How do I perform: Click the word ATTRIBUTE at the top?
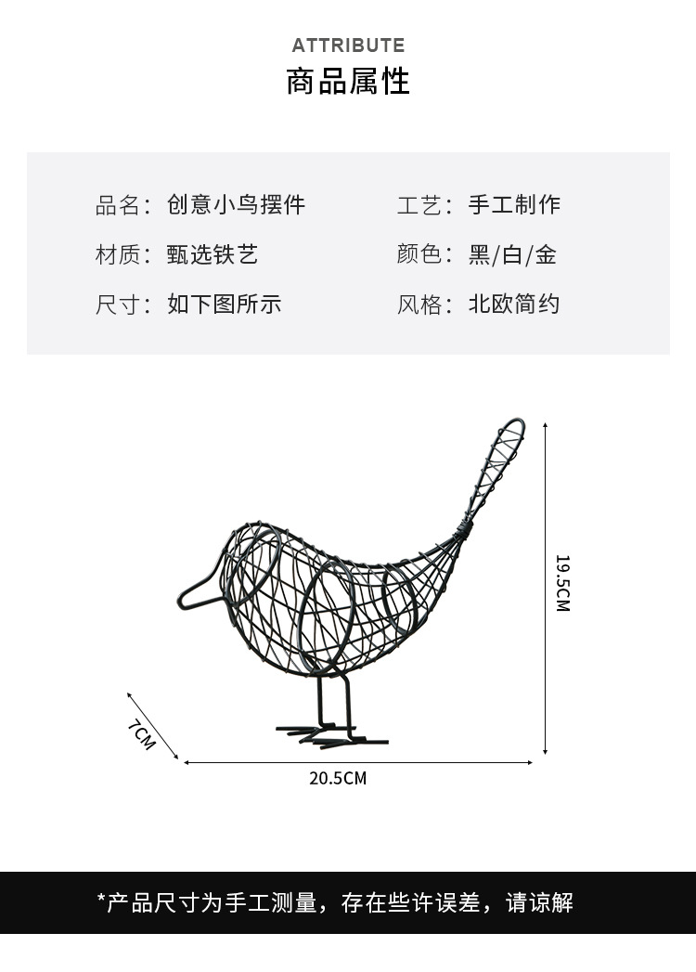point(348,45)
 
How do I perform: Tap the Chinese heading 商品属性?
point(348,82)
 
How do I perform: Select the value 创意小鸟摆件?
point(236,205)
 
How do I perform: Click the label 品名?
point(117,205)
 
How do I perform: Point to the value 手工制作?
point(514,205)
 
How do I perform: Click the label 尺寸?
point(117,305)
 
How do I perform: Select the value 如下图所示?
point(224,305)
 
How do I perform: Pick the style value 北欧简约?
point(514,305)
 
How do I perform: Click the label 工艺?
point(419,205)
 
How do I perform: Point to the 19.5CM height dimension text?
point(562,583)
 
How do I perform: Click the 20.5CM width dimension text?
point(338,778)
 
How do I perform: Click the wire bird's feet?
point(329,736)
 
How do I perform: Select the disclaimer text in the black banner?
point(335,901)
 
